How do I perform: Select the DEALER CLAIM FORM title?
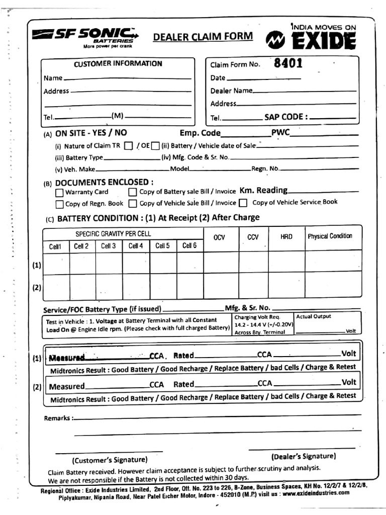203,37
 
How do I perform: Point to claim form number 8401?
288,63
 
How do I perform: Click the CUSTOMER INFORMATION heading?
118,63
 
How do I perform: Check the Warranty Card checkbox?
59,192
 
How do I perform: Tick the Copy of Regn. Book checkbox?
59,204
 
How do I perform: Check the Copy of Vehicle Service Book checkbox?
243,203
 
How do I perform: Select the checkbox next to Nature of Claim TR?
128,146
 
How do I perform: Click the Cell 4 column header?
136,246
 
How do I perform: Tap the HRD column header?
286,237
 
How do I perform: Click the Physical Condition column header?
330,236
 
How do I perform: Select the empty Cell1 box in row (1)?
56,263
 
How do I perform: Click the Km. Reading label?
263,190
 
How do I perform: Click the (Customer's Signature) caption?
110,460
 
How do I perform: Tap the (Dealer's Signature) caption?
303,457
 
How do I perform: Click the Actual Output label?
314,317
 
